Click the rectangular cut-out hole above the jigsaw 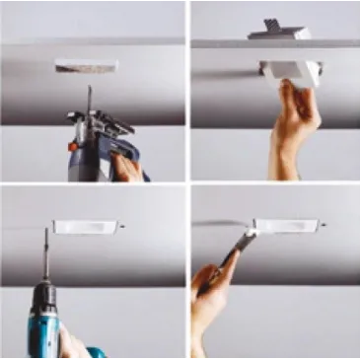86,66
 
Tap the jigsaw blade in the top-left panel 89,98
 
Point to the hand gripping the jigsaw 127,167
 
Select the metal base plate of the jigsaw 100,123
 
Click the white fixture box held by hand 290,71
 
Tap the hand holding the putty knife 212,296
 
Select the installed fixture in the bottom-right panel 286,226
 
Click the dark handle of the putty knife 222,266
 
